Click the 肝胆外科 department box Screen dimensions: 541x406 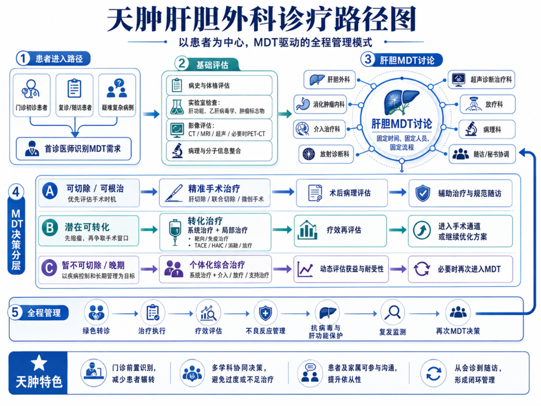pyautogui.click(x=329, y=80)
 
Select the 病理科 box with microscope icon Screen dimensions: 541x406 pyautogui.click(x=487, y=129)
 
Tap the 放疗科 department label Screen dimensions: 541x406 pyautogui.click(x=494, y=104)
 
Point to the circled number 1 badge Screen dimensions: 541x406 pyautogui.click(x=23, y=58)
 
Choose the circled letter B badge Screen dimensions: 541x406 pyautogui.click(x=50, y=228)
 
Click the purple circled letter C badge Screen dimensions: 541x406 pyautogui.click(x=49, y=268)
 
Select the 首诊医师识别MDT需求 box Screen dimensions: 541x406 pyautogui.click(x=74, y=149)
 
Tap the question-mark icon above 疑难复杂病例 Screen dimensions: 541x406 pyautogui.click(x=119, y=83)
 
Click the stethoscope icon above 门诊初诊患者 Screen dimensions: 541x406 pyautogui.click(x=31, y=89)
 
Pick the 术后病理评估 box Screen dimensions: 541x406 pyautogui.click(x=342, y=193)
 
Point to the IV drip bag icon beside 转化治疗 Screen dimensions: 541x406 pyautogui.click(x=175, y=232)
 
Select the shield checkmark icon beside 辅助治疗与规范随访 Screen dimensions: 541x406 pyautogui.click(x=422, y=193)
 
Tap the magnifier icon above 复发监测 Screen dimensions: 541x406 pyautogui.click(x=393, y=313)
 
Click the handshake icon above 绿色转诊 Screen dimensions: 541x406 pyautogui.click(x=97, y=313)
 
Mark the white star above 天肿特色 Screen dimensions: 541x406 pyautogui.click(x=39, y=363)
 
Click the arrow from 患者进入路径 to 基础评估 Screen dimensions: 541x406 pyautogui.click(x=151, y=114)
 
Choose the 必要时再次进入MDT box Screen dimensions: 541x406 pyautogui.click(x=461, y=269)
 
